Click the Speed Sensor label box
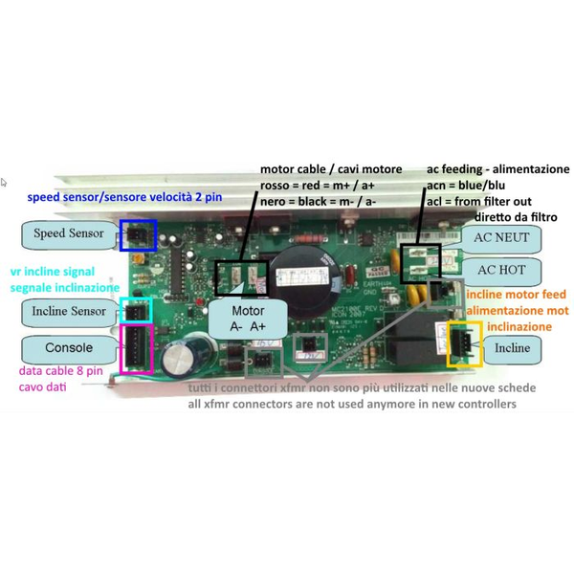click(68, 233)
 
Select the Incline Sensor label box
click(68, 312)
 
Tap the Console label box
click(68, 348)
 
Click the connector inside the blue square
click(139, 233)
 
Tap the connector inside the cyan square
click(139, 310)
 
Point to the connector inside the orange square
click(464, 342)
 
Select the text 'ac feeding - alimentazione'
click(497, 169)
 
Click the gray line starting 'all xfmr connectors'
click(352, 405)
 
